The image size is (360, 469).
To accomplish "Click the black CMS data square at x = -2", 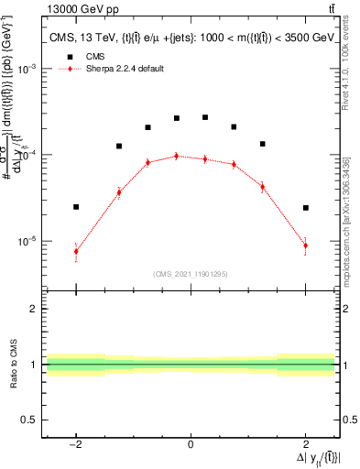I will [76, 207].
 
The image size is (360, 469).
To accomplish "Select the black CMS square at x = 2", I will [305, 208].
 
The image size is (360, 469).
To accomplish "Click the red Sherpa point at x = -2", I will [76, 251].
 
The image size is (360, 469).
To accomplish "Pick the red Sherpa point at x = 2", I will [305, 245].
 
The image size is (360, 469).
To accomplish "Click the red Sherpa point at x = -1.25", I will [119, 192].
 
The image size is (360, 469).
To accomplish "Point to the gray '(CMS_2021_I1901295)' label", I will [191, 274].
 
